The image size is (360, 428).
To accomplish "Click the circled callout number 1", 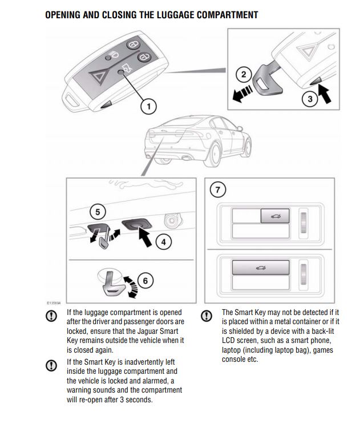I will (148, 106).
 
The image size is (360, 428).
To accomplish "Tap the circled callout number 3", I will (310, 98).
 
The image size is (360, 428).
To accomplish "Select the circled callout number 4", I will (163, 241).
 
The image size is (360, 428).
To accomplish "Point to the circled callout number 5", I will (98, 212).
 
